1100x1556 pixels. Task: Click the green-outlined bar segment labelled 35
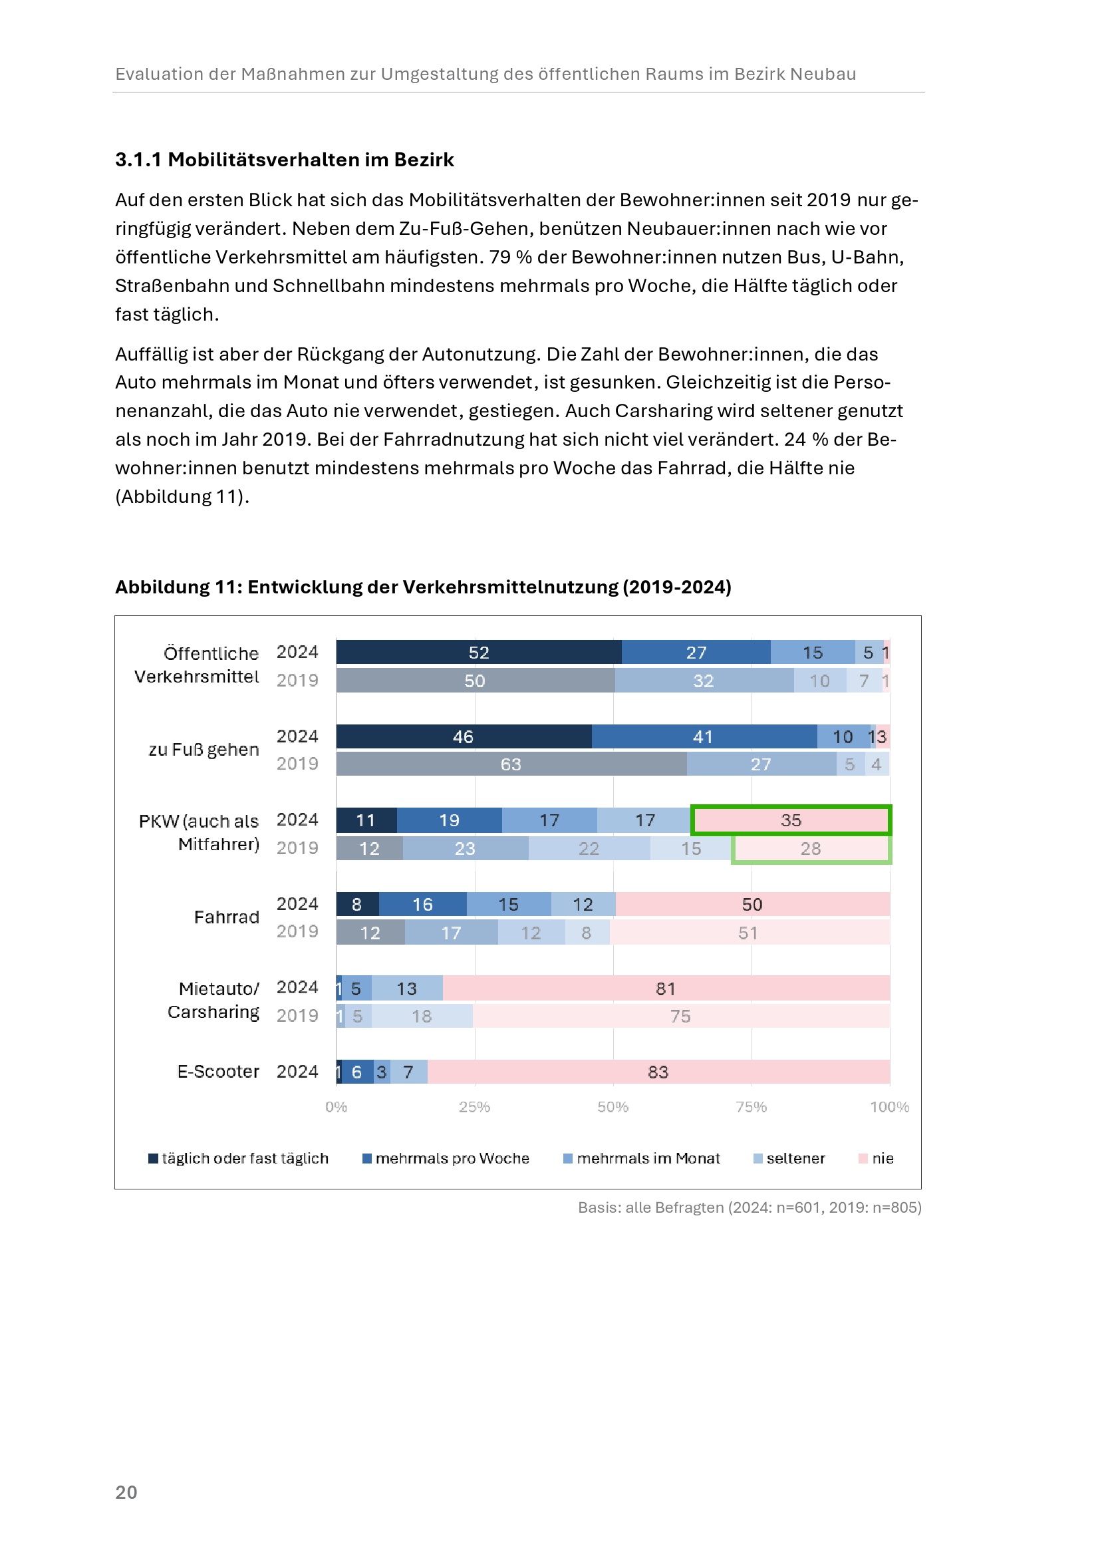(x=791, y=820)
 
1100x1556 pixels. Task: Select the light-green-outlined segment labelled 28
(x=811, y=848)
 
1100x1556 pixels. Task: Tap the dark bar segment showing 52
(x=478, y=652)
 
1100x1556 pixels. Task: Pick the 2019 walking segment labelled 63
(x=511, y=764)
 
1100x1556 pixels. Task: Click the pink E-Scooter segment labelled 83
(x=658, y=1072)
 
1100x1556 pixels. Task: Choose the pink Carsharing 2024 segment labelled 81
(x=665, y=989)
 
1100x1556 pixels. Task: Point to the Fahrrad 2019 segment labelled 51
(x=748, y=933)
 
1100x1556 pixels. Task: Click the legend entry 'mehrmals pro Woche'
(x=452, y=1158)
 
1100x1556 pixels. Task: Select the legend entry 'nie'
(x=882, y=1158)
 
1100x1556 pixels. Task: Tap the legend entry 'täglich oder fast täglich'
(x=245, y=1158)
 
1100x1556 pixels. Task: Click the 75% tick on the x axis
(x=751, y=1107)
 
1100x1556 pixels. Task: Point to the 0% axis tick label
(x=336, y=1107)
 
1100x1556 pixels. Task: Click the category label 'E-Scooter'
(x=218, y=1072)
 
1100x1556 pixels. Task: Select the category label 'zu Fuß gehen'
(x=204, y=750)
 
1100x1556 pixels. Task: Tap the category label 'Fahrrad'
(x=226, y=917)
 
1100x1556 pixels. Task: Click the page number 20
(x=126, y=1491)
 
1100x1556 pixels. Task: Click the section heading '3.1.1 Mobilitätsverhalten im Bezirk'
(x=285, y=160)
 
